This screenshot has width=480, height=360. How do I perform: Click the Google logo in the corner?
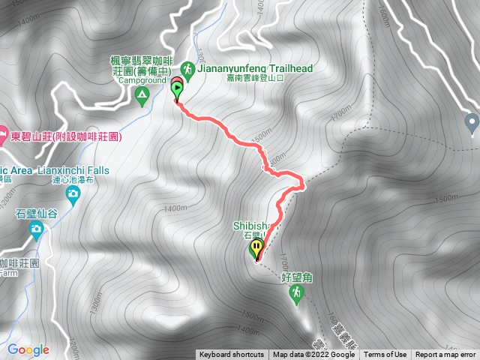[x=28, y=349]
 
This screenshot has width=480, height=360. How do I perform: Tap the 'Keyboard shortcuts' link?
[x=232, y=355]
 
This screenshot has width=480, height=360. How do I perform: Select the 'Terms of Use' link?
[x=385, y=355]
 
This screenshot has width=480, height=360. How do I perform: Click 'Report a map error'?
[x=446, y=355]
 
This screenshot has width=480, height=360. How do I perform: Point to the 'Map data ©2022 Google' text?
[x=313, y=355]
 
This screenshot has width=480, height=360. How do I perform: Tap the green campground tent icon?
[x=141, y=94]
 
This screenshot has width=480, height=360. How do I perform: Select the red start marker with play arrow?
[x=177, y=88]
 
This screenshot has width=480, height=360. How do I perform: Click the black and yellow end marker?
[x=257, y=248]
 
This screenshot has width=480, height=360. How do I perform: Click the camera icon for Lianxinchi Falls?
[x=73, y=196]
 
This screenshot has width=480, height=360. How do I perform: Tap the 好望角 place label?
[x=296, y=277]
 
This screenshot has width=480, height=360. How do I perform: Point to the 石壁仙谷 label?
[x=36, y=214]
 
